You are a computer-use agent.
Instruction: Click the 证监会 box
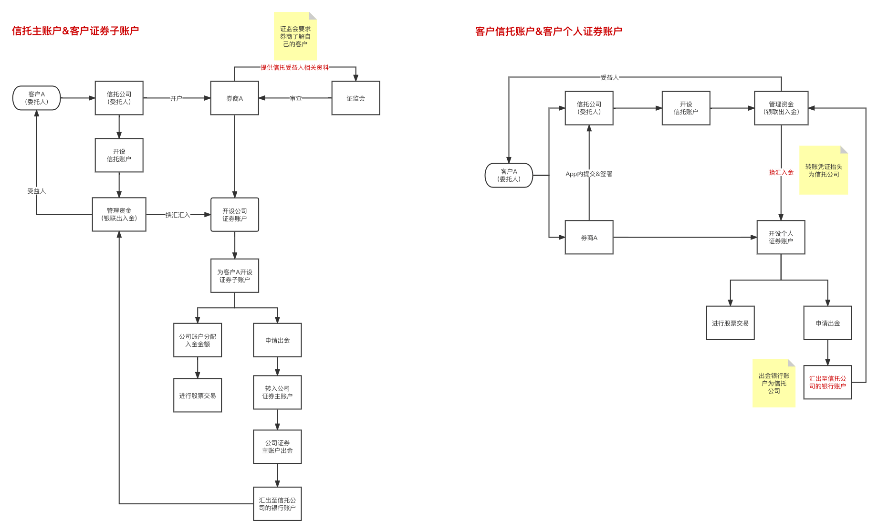tap(355, 98)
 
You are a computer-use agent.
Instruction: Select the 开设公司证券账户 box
tap(235, 215)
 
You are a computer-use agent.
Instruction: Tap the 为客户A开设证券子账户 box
tap(235, 276)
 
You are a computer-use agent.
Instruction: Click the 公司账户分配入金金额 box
tap(198, 340)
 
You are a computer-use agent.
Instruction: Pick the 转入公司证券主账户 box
tap(277, 392)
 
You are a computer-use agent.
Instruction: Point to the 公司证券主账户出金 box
tap(277, 447)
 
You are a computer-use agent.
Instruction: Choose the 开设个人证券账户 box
tap(781, 237)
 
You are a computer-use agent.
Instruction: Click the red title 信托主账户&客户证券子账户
tap(75, 31)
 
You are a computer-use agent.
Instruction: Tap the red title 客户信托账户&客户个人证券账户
tap(549, 31)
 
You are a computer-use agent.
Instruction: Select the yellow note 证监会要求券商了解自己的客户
tap(295, 37)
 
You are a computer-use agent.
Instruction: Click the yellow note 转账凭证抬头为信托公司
tap(824, 170)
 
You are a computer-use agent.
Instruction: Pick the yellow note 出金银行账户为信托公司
tap(774, 383)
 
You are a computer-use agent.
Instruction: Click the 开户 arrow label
tap(176, 98)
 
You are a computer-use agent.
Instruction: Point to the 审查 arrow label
tap(296, 98)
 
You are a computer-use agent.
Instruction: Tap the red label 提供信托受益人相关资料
tap(294, 67)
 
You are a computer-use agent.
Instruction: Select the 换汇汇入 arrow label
tap(178, 215)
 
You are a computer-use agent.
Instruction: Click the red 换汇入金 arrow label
tap(781, 172)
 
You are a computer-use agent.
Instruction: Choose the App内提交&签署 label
tap(589, 174)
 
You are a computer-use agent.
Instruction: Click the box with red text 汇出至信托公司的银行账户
tap(827, 382)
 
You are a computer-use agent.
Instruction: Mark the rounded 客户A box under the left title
tap(37, 98)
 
